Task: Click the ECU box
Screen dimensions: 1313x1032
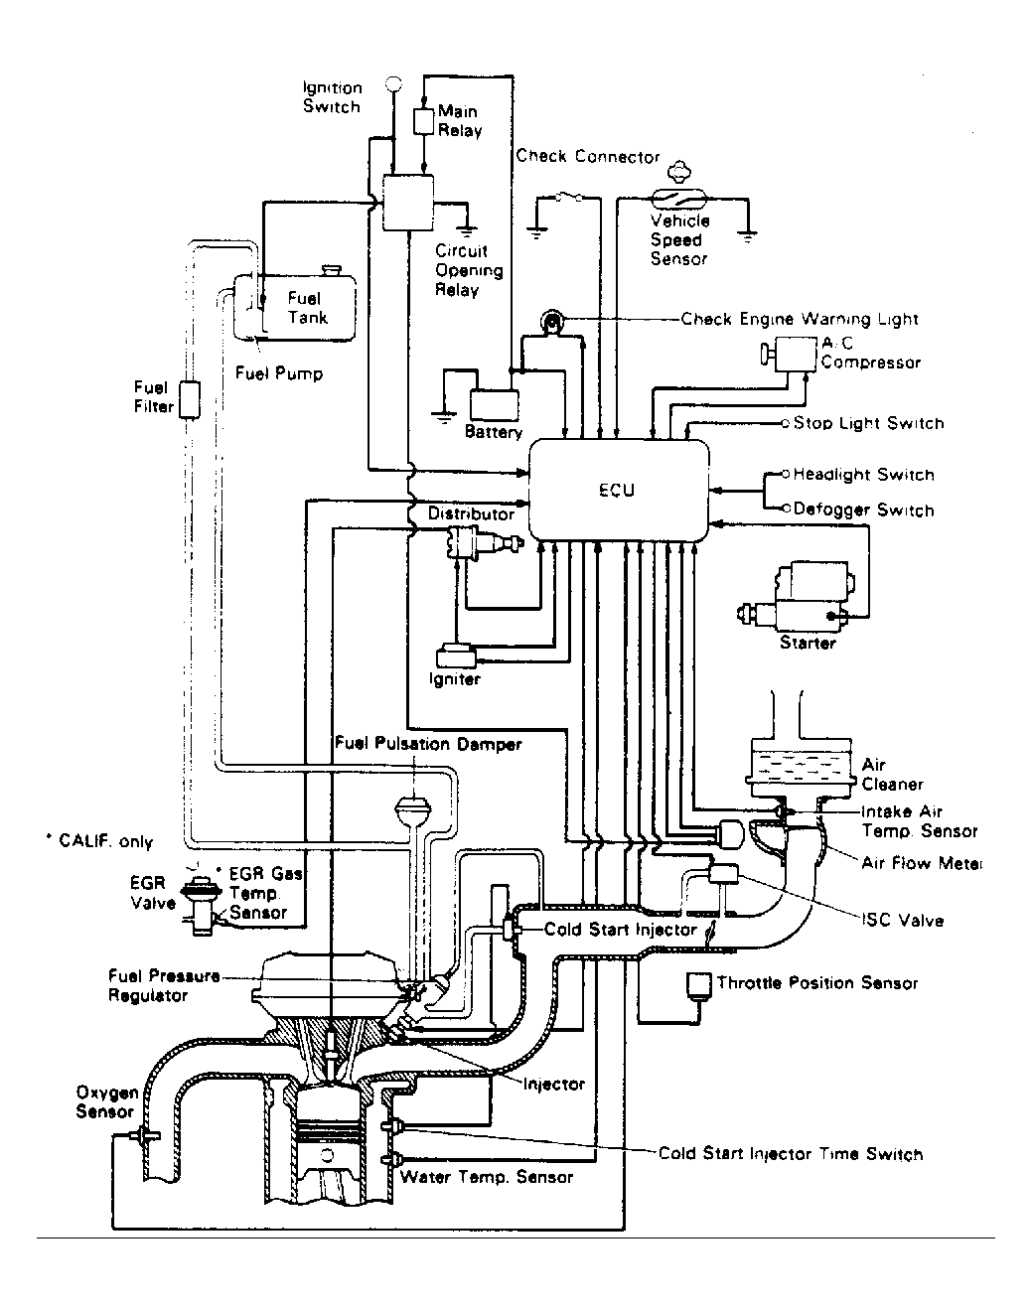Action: tap(619, 490)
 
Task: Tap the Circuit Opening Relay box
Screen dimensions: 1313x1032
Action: tap(408, 202)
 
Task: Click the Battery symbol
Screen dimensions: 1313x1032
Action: tap(494, 405)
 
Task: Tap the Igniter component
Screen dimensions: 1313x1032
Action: tap(456, 656)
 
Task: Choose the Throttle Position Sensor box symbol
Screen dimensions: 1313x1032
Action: tap(698, 983)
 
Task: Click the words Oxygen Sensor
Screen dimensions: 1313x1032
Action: tap(106, 1102)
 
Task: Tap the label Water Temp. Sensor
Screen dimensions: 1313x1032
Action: tap(486, 1177)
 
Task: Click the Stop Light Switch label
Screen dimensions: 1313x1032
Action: tap(868, 423)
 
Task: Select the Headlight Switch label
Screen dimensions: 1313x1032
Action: tap(863, 475)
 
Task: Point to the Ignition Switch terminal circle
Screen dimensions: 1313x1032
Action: tap(393, 84)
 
